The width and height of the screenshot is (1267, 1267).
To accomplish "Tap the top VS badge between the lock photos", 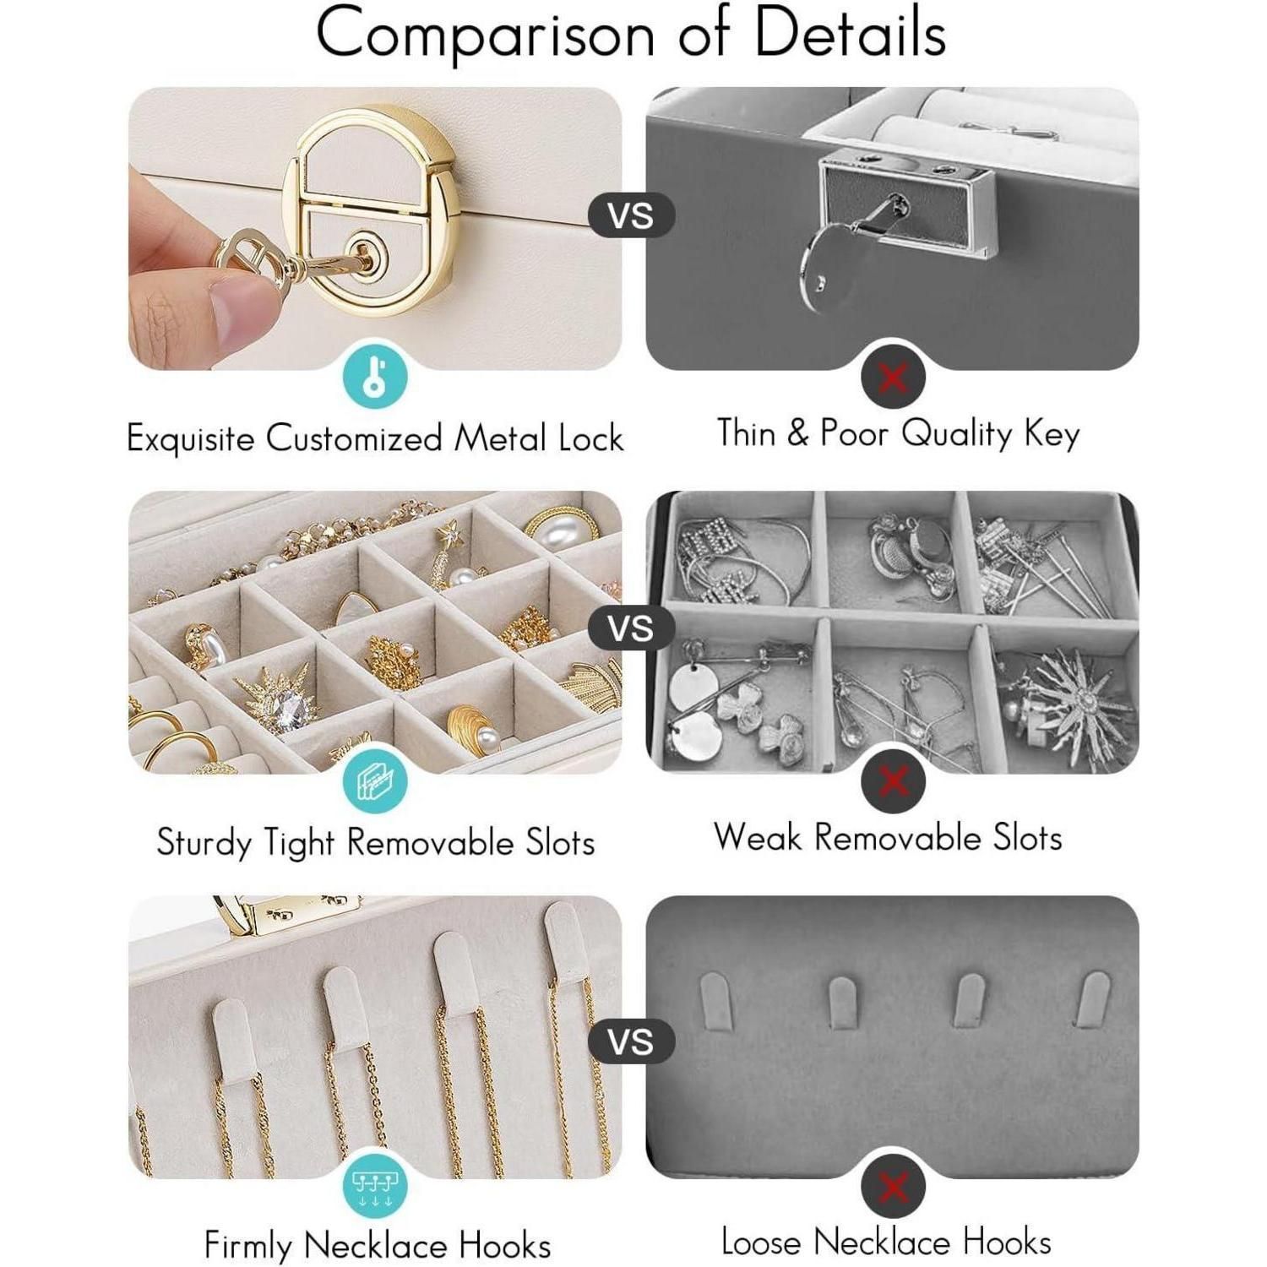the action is (x=631, y=215).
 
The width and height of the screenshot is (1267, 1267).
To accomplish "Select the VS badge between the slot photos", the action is (x=631, y=628).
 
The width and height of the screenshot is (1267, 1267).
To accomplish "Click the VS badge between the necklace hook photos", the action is (x=631, y=1041).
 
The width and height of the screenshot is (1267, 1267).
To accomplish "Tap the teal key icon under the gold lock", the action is (x=375, y=377).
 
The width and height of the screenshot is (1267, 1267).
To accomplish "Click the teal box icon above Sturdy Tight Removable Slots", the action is (x=375, y=781).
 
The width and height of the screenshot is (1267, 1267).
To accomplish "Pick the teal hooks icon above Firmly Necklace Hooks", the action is (x=375, y=1185).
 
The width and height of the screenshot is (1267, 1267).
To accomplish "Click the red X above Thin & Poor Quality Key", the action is (x=893, y=377).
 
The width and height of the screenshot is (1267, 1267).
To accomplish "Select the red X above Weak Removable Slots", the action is (x=893, y=781).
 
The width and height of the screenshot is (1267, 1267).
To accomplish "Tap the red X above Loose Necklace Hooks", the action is (x=893, y=1186).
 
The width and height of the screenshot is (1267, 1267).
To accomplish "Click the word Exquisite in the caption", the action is (x=191, y=438).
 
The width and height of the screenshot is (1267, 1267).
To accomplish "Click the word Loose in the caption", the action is (x=762, y=1242).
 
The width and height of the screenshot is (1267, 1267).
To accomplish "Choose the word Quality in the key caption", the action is (x=956, y=434).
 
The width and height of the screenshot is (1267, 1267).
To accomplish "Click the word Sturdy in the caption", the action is (x=204, y=843).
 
